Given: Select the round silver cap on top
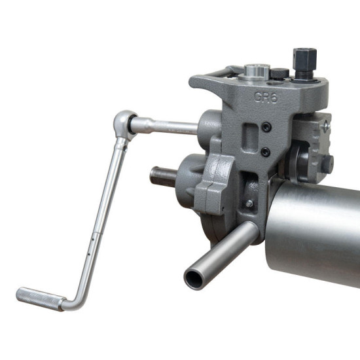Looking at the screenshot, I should [x=256, y=69].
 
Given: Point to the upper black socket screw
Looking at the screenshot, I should [x=265, y=128].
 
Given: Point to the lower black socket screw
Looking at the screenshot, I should [x=264, y=151].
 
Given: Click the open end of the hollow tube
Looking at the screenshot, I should [x=194, y=278].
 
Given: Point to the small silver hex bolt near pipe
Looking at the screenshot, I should [x=249, y=204].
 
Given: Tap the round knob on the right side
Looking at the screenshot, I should [x=326, y=164].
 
